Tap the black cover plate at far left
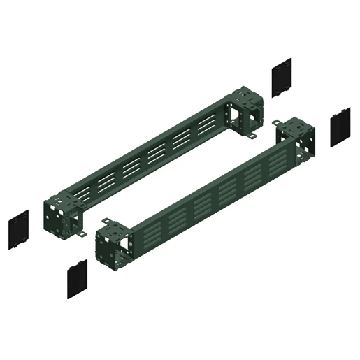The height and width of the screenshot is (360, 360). point(19,229)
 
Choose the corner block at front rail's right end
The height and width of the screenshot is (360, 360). point(292,140)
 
